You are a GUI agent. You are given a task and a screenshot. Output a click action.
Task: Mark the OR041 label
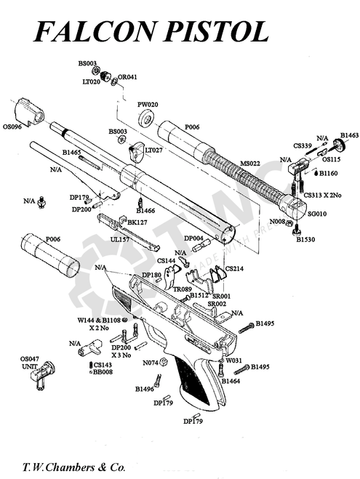(127, 77)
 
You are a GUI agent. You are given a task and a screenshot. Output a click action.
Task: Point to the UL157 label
(120, 238)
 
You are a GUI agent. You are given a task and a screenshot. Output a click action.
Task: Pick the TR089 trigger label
(182, 289)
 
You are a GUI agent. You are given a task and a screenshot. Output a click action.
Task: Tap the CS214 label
(235, 268)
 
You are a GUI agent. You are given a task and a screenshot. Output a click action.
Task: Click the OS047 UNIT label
(29, 363)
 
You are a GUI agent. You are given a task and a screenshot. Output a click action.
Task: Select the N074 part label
(151, 362)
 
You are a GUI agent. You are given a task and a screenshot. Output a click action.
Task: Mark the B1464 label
(231, 381)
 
